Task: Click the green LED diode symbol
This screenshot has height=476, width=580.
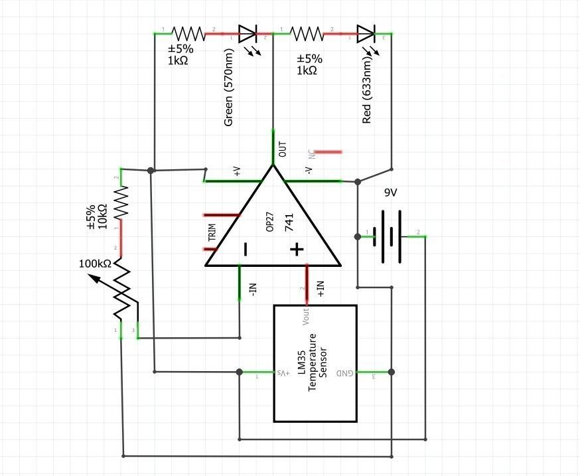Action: [248, 33]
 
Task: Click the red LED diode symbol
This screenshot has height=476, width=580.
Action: [366, 33]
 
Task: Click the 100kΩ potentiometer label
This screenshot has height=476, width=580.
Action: [95, 264]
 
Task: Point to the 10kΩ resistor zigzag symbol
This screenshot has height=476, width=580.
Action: [121, 202]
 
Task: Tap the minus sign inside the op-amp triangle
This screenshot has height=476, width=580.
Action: [246, 250]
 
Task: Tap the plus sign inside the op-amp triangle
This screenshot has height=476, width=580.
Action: [296, 250]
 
